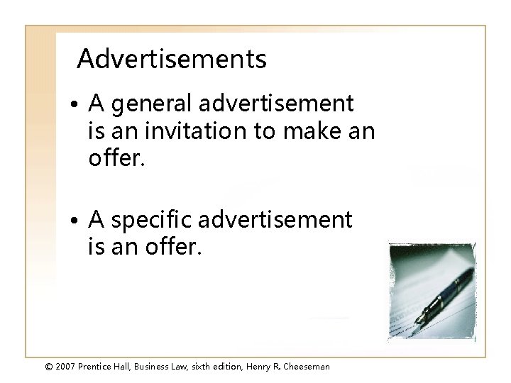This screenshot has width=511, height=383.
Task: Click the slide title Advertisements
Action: point(172,60)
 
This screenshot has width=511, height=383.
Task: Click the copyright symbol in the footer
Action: point(49,367)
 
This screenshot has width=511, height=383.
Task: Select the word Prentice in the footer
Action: point(100,367)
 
